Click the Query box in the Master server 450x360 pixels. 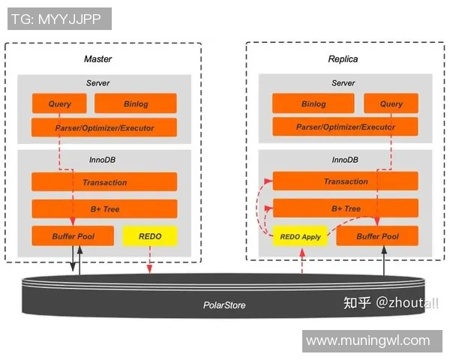click(59, 103)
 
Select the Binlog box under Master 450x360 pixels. click(136, 103)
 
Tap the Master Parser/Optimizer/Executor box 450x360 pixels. click(104, 127)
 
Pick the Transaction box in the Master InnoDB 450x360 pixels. click(104, 182)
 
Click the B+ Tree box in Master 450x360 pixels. click(104, 208)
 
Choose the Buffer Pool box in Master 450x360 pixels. click(73, 236)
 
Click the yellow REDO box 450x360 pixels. click(149, 236)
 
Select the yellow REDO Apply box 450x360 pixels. click(300, 236)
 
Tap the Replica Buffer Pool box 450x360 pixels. click(377, 236)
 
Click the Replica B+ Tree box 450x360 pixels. click(345, 208)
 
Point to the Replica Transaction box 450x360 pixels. click(345, 181)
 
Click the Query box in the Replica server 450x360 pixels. click(391, 103)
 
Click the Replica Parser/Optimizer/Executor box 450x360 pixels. click(345, 127)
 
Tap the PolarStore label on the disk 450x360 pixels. click(224, 304)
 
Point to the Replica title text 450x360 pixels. click(343, 58)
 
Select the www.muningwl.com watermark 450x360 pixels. click(367, 340)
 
